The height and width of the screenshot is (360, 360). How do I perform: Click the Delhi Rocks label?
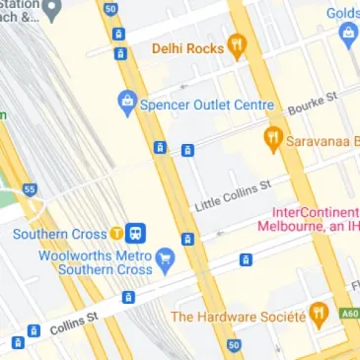[187, 47]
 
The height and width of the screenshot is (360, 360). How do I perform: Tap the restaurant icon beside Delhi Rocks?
[236, 45]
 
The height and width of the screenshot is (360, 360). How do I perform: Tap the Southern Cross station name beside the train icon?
[58, 234]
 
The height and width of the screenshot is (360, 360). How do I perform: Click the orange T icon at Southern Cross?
[117, 234]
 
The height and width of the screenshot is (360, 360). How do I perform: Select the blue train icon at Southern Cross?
[137, 234]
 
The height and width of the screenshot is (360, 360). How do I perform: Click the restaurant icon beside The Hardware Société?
[318, 316]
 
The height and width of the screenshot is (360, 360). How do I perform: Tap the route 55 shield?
[29, 188]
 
